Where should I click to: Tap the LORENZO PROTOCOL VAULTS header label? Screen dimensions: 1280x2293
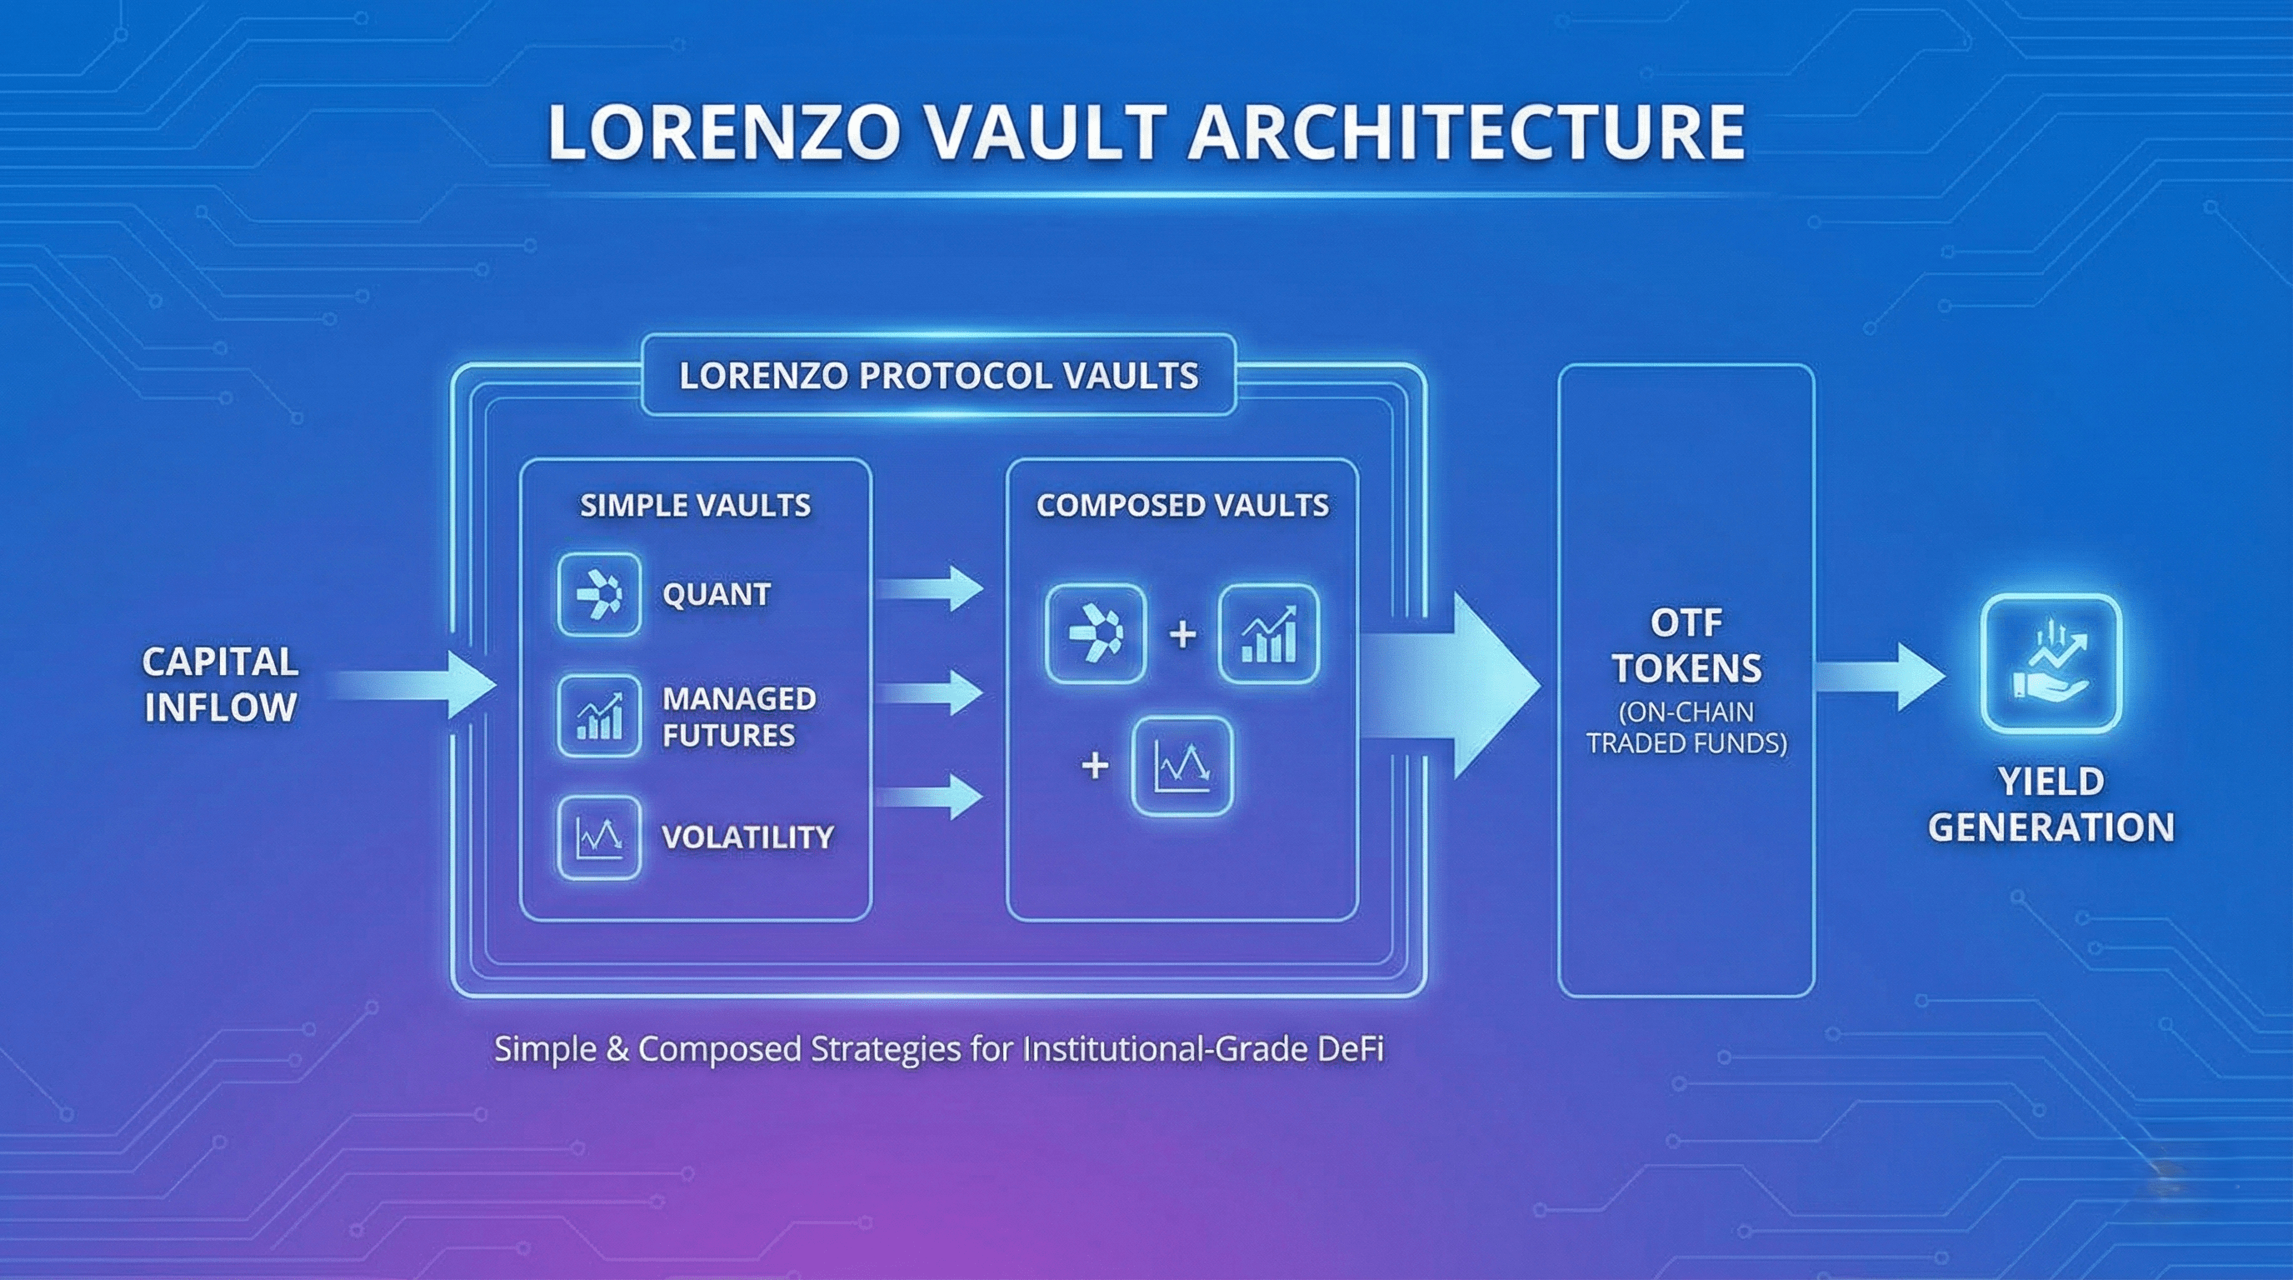click(x=938, y=376)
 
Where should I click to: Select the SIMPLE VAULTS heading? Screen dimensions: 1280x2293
click(x=695, y=506)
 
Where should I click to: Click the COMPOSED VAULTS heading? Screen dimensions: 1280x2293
click(x=1182, y=506)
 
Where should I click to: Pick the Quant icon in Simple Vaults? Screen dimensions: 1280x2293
click(x=599, y=595)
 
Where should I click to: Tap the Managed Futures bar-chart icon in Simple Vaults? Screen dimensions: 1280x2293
click(x=599, y=717)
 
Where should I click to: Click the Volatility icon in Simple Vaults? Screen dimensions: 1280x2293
click(x=599, y=837)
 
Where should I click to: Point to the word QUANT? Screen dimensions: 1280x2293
click(x=717, y=595)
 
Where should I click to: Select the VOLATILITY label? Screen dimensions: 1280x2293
click(x=747, y=837)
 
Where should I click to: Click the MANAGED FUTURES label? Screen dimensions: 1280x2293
click(x=739, y=717)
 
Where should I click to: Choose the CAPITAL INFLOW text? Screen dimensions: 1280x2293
click(x=220, y=684)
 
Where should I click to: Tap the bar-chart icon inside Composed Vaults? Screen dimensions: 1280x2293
click(x=1268, y=634)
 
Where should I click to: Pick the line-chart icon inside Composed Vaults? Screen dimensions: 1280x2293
click(x=1182, y=767)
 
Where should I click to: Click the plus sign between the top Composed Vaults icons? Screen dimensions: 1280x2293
click(x=1182, y=635)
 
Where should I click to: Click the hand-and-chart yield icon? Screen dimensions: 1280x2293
click(x=2051, y=663)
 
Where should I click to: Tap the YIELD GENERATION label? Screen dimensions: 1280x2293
click(x=2051, y=805)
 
